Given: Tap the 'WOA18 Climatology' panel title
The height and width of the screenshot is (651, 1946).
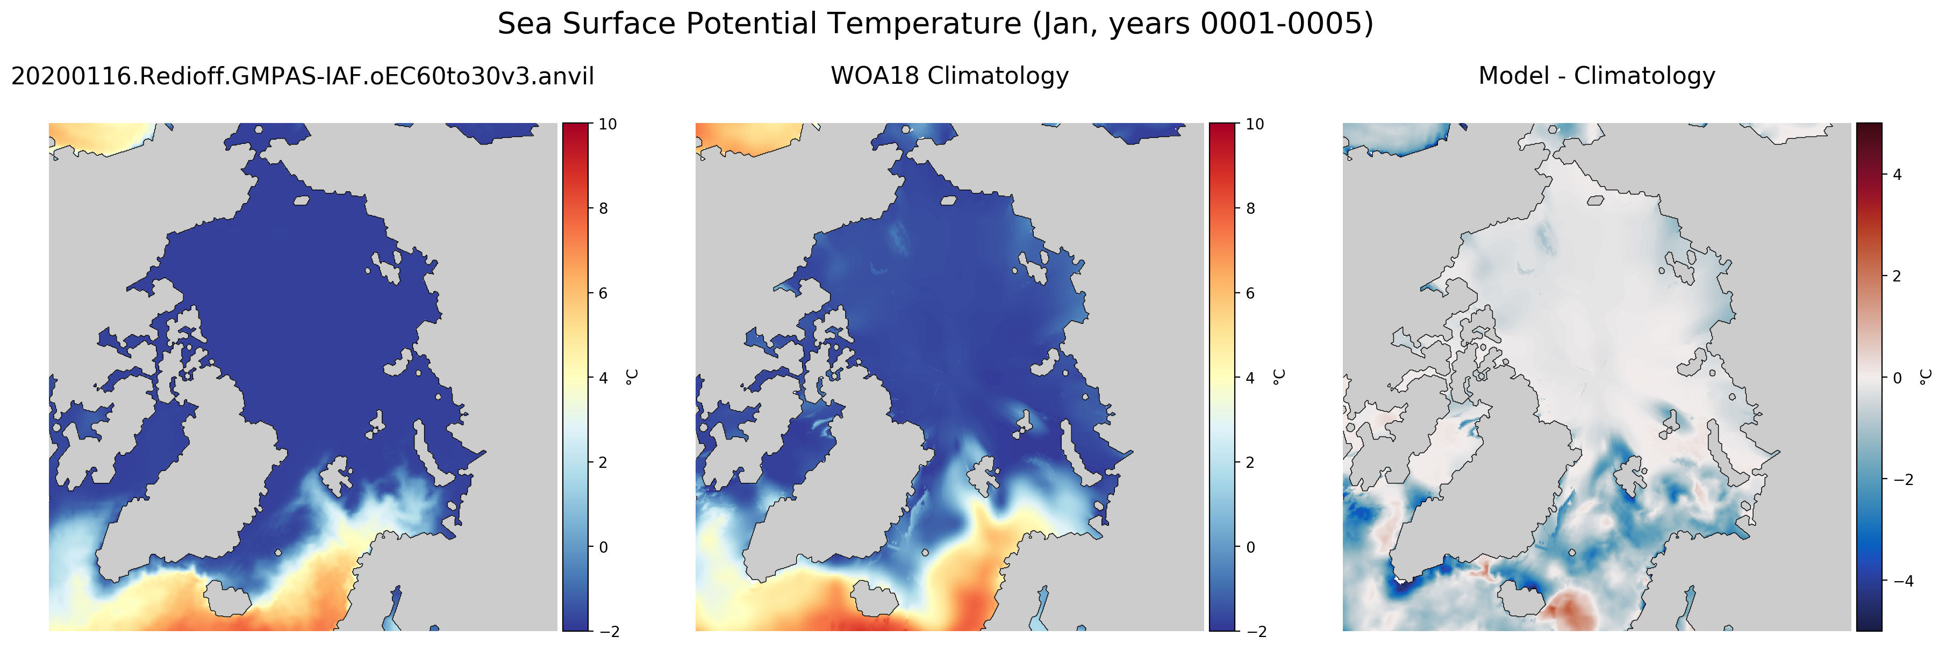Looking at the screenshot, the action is (949, 76).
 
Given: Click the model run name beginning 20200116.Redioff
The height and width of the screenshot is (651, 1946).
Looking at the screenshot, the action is (302, 76).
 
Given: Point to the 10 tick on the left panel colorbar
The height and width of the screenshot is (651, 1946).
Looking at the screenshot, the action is (607, 124).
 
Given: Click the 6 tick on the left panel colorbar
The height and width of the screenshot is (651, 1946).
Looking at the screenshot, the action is (603, 293).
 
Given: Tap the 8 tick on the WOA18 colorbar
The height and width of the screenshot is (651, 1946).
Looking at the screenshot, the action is (1250, 208).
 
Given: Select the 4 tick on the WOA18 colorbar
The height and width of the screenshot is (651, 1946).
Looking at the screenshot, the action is (1250, 378).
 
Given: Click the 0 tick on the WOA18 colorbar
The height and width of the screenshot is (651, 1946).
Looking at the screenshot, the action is (1250, 547).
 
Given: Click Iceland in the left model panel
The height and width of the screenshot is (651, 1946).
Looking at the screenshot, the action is (228, 598).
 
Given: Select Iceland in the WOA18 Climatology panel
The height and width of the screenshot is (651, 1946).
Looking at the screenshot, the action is (875, 598).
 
